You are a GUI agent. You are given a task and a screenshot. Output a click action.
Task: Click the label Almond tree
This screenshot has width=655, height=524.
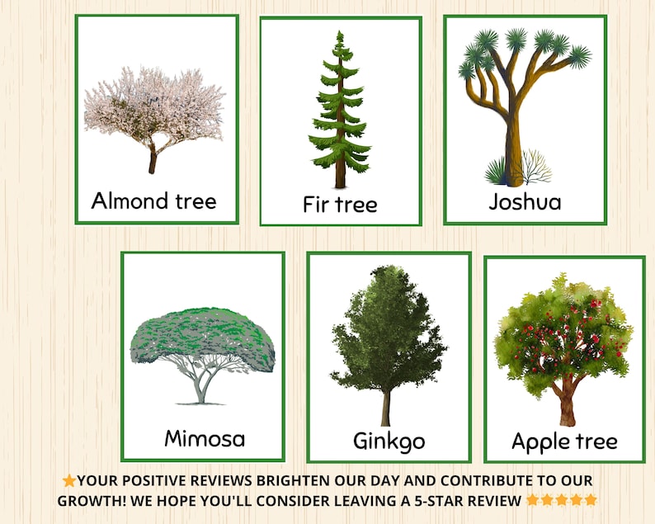click(153, 201)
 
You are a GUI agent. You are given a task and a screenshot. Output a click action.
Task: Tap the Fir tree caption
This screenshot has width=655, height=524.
click(340, 204)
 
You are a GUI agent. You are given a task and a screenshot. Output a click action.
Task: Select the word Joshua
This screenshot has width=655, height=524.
click(525, 201)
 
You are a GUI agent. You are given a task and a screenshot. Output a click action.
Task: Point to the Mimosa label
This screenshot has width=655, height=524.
click(205, 437)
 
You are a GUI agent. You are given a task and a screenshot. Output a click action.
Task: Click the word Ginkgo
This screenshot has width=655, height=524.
click(389, 441)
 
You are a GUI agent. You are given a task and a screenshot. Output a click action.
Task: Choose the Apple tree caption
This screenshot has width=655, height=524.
click(564, 441)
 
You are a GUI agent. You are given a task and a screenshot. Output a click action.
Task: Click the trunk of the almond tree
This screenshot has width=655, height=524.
click(153, 159)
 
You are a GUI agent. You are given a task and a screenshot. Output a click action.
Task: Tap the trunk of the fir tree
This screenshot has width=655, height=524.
click(340, 169)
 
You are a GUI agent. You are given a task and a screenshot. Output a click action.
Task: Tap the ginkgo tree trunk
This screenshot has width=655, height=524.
click(385, 409)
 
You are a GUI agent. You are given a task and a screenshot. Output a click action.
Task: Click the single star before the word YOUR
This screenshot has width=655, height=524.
click(69, 480)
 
